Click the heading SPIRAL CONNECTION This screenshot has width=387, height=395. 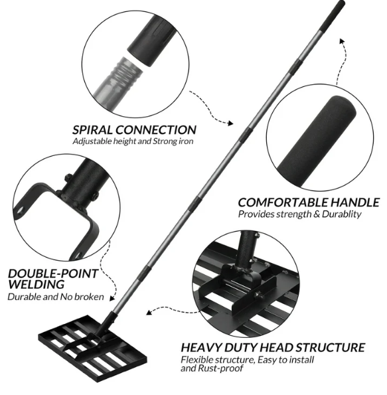(134, 130)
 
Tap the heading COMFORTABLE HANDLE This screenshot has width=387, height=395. (308, 202)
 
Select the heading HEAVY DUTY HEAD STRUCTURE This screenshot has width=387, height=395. (272, 347)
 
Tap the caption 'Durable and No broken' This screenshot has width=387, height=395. (56, 297)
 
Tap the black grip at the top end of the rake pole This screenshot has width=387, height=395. (335, 14)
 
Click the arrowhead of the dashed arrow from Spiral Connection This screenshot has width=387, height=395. (232, 123)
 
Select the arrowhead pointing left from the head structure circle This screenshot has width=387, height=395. (149, 310)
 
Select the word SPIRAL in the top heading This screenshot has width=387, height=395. (92, 130)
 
